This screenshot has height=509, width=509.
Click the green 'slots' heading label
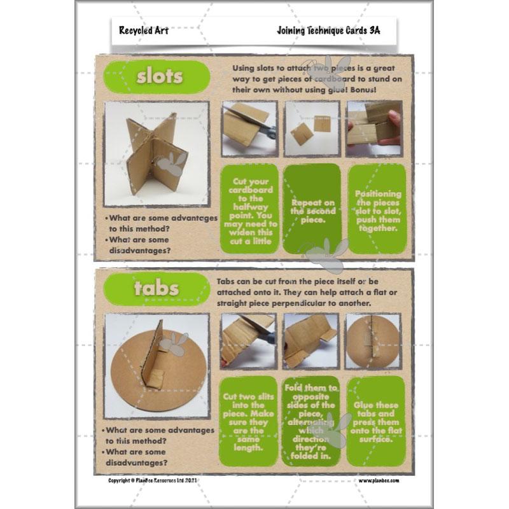[x=159, y=77]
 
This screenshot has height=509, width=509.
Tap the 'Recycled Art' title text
[x=143, y=30]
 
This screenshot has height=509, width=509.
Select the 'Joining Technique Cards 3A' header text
[x=328, y=30]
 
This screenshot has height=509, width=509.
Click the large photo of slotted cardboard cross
[x=156, y=153]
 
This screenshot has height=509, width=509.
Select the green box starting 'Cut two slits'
[x=249, y=421]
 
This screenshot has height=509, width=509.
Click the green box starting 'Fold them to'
[x=312, y=421]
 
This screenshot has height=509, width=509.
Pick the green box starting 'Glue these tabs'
[x=377, y=421]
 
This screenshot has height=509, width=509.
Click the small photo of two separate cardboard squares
[x=312, y=129]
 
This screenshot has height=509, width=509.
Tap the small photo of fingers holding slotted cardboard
[x=375, y=129]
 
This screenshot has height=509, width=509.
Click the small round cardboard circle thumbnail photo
[x=373, y=341]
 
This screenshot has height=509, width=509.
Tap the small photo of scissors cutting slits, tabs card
[x=248, y=341]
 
